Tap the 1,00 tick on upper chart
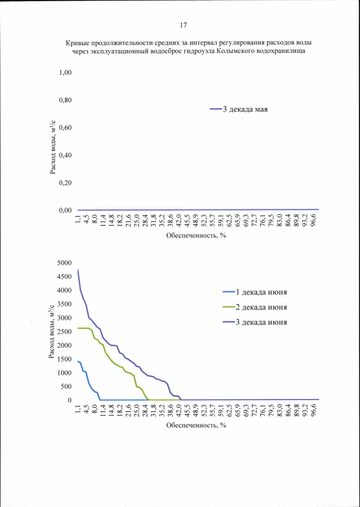coord(66,73)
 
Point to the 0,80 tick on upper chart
coord(66,100)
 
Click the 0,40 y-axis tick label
coord(66,155)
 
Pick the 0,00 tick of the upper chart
coord(66,210)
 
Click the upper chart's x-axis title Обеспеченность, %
coord(195,235)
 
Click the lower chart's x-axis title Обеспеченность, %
coord(195,425)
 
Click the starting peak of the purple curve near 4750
coord(78,270)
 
